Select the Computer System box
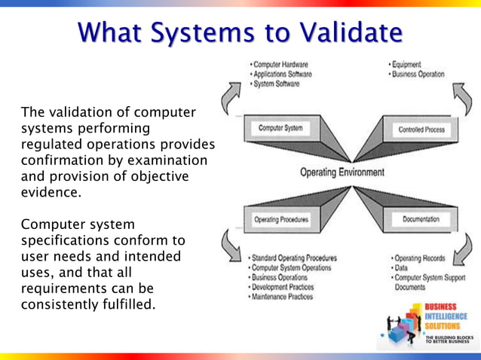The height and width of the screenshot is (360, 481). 280,129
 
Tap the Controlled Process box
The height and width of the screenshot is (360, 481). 421,130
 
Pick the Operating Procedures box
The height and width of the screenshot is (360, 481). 281,219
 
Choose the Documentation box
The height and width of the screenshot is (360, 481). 421,219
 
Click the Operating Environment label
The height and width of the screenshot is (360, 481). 342,172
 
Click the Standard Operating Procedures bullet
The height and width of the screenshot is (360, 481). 295,258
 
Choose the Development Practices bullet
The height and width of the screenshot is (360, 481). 282,287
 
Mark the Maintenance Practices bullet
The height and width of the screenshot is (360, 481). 282,297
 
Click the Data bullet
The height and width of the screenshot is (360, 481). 399,268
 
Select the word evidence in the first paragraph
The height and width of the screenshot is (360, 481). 51,192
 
